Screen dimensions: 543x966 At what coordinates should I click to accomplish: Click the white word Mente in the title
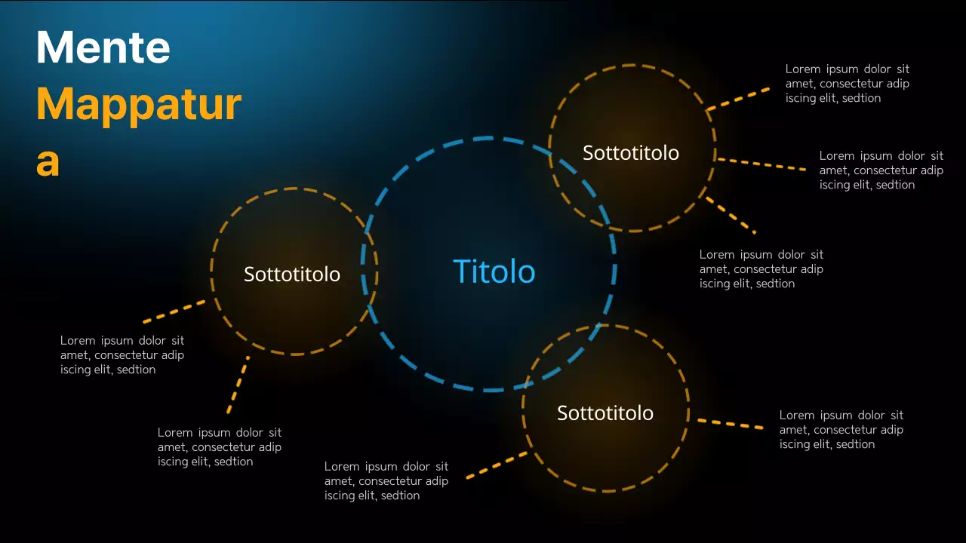(103, 48)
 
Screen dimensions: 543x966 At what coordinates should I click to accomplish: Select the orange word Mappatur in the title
(139, 105)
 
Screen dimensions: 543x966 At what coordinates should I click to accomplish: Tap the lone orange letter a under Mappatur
(48, 162)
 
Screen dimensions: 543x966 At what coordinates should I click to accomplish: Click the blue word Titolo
(494, 271)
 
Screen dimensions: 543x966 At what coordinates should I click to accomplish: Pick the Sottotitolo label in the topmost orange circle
(631, 153)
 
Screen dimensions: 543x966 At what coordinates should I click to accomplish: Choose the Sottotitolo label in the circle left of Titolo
(292, 275)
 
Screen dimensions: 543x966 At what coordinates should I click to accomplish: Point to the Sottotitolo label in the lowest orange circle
(605, 413)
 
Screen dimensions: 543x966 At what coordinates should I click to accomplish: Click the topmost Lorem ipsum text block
(848, 84)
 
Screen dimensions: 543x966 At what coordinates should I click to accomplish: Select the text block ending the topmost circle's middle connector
(881, 170)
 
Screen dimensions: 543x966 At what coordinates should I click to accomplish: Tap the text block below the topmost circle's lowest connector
(761, 269)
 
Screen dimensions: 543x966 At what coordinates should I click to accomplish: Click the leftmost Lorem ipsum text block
(122, 355)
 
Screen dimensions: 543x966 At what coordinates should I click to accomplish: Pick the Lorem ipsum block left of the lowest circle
(386, 481)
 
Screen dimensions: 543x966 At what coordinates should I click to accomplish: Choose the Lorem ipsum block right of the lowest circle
(841, 430)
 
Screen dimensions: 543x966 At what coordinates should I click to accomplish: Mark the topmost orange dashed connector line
(739, 99)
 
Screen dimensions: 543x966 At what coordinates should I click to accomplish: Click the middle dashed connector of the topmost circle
(761, 164)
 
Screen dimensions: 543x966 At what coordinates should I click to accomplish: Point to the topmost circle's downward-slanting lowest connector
(731, 215)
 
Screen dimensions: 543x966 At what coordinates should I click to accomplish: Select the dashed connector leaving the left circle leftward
(174, 311)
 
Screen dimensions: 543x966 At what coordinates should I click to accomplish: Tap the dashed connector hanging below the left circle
(238, 385)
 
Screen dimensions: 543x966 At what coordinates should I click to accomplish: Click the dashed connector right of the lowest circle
(730, 424)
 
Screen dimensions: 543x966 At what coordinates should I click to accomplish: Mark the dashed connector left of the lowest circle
(497, 465)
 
